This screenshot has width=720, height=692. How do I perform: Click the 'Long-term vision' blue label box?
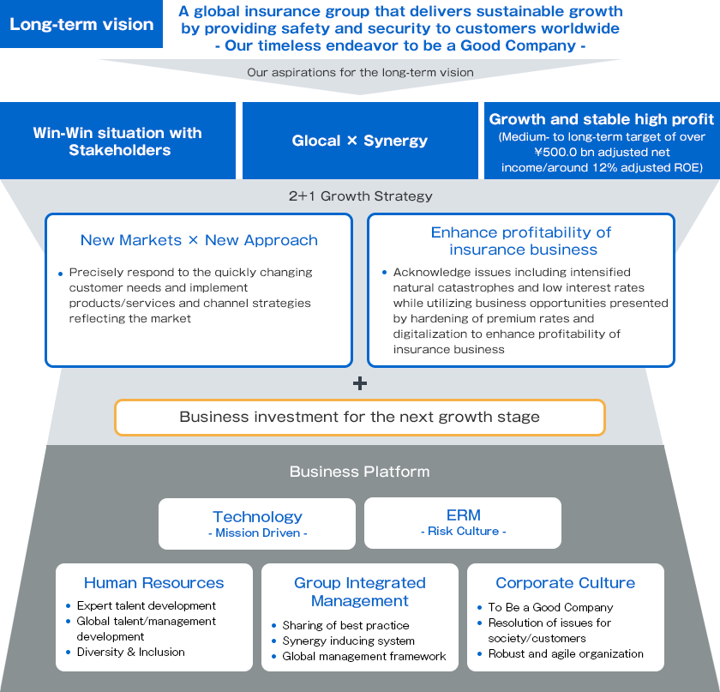point(81,24)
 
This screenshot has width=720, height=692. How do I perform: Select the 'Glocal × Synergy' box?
point(360,141)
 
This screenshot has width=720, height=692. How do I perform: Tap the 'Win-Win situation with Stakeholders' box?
point(117,141)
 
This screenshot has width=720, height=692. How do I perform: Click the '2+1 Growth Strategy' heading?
point(361,196)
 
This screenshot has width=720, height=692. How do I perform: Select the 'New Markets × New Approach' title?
point(199,240)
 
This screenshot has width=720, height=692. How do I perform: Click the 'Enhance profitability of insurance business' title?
point(521,241)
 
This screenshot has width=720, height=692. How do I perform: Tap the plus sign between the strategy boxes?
point(360,383)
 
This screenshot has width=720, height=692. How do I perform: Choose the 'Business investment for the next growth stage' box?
point(360,418)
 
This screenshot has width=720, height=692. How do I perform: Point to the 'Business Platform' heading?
point(359,472)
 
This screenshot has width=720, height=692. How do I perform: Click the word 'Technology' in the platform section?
point(258,516)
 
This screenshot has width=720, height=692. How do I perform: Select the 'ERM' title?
point(464,515)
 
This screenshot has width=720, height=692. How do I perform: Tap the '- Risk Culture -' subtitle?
point(464,531)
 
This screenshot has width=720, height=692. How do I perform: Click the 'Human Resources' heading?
point(153,582)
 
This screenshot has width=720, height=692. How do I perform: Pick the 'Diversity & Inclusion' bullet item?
point(131,652)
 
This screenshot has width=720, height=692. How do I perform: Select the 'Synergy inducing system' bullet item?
point(349,641)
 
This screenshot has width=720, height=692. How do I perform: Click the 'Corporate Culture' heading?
point(565,582)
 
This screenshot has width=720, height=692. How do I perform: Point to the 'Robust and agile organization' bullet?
point(566,654)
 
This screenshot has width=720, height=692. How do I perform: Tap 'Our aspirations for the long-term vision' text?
point(361,72)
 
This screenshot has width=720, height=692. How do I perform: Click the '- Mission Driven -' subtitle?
point(258,533)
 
